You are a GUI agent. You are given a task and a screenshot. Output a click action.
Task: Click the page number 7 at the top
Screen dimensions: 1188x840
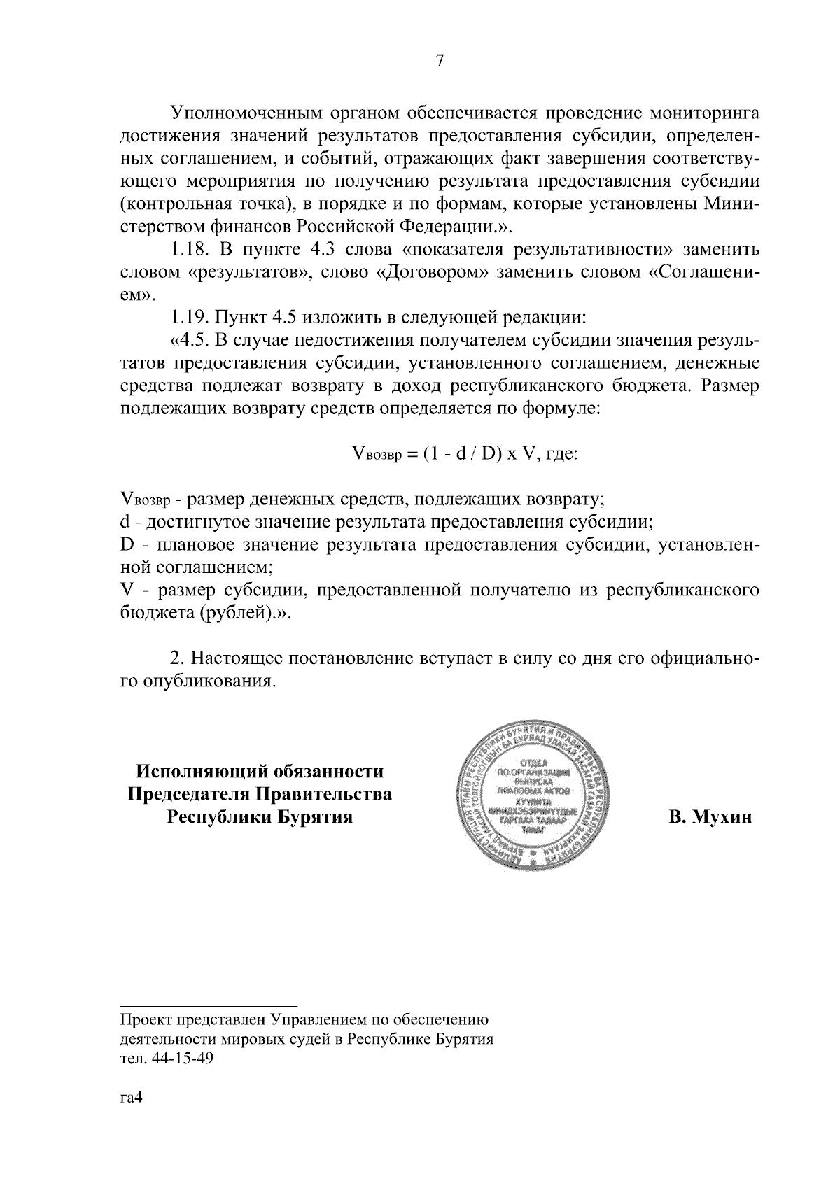[440, 62]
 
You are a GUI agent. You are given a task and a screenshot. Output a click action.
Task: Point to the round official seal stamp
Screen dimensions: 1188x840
[533, 795]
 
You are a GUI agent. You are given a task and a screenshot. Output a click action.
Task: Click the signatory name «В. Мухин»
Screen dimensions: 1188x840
[710, 817]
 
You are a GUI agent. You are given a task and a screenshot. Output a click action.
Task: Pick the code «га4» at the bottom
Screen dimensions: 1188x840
[132, 1098]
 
